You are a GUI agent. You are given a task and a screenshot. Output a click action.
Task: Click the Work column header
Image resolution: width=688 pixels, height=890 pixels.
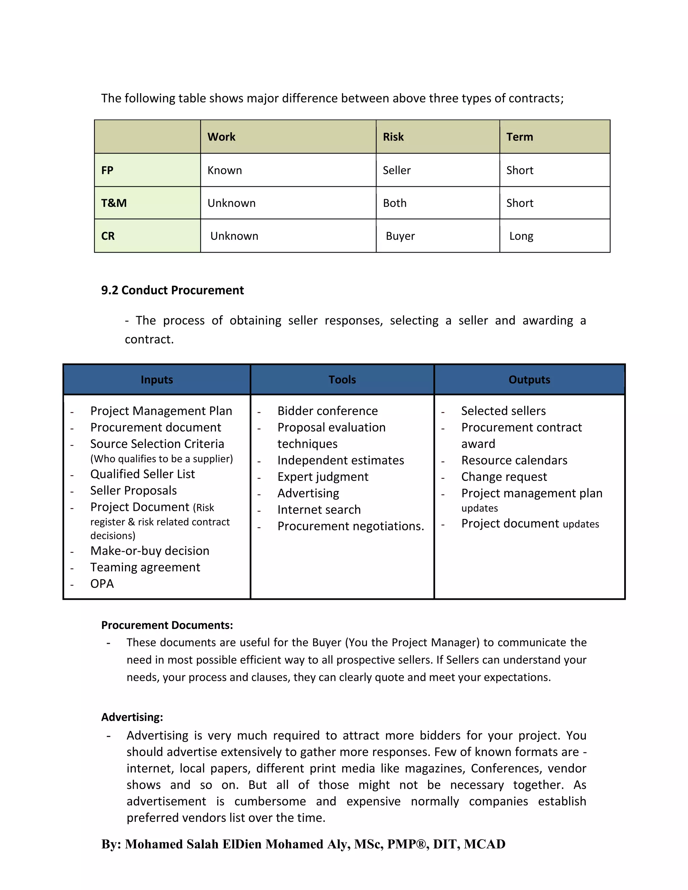[x=221, y=137]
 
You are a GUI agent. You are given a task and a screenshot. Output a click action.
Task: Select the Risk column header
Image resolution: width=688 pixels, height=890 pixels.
[x=393, y=137]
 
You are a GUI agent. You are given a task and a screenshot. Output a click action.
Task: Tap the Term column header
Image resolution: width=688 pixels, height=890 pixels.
[x=519, y=137]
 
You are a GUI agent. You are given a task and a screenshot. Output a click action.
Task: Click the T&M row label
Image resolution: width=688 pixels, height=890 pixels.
[x=114, y=203]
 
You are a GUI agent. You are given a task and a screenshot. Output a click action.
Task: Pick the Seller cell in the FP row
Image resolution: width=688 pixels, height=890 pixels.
[x=396, y=170]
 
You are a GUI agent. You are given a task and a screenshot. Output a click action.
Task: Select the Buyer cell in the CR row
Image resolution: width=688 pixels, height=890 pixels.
[x=400, y=236]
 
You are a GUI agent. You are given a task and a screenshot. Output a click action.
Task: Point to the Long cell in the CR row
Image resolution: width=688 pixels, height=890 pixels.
[x=521, y=236]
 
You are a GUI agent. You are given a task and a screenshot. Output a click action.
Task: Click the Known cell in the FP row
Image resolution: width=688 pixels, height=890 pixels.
[x=225, y=170]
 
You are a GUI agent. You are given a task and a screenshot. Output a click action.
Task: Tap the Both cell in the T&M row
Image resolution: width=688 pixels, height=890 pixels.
[x=394, y=203]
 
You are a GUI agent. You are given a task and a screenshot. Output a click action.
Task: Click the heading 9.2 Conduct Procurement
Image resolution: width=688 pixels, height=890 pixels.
[x=172, y=290]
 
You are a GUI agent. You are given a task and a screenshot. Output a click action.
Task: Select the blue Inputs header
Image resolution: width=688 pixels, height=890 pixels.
[x=157, y=380]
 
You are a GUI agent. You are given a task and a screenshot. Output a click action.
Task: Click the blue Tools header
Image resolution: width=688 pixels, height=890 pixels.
[x=342, y=380]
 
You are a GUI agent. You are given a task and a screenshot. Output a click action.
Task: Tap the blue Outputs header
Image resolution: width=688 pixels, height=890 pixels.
[x=529, y=380]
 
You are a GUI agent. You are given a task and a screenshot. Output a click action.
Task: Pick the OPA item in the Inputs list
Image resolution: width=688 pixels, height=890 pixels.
[x=102, y=584]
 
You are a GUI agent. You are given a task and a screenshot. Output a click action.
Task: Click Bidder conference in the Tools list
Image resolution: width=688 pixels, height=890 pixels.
[x=327, y=411]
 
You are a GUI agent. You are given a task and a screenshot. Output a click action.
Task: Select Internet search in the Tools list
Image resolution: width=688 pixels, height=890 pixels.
[x=319, y=510]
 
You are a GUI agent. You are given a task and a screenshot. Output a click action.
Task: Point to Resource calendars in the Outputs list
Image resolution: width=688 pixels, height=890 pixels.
[x=514, y=460]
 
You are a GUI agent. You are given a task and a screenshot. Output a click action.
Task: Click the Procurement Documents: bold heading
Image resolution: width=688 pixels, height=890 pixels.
[x=167, y=625]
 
